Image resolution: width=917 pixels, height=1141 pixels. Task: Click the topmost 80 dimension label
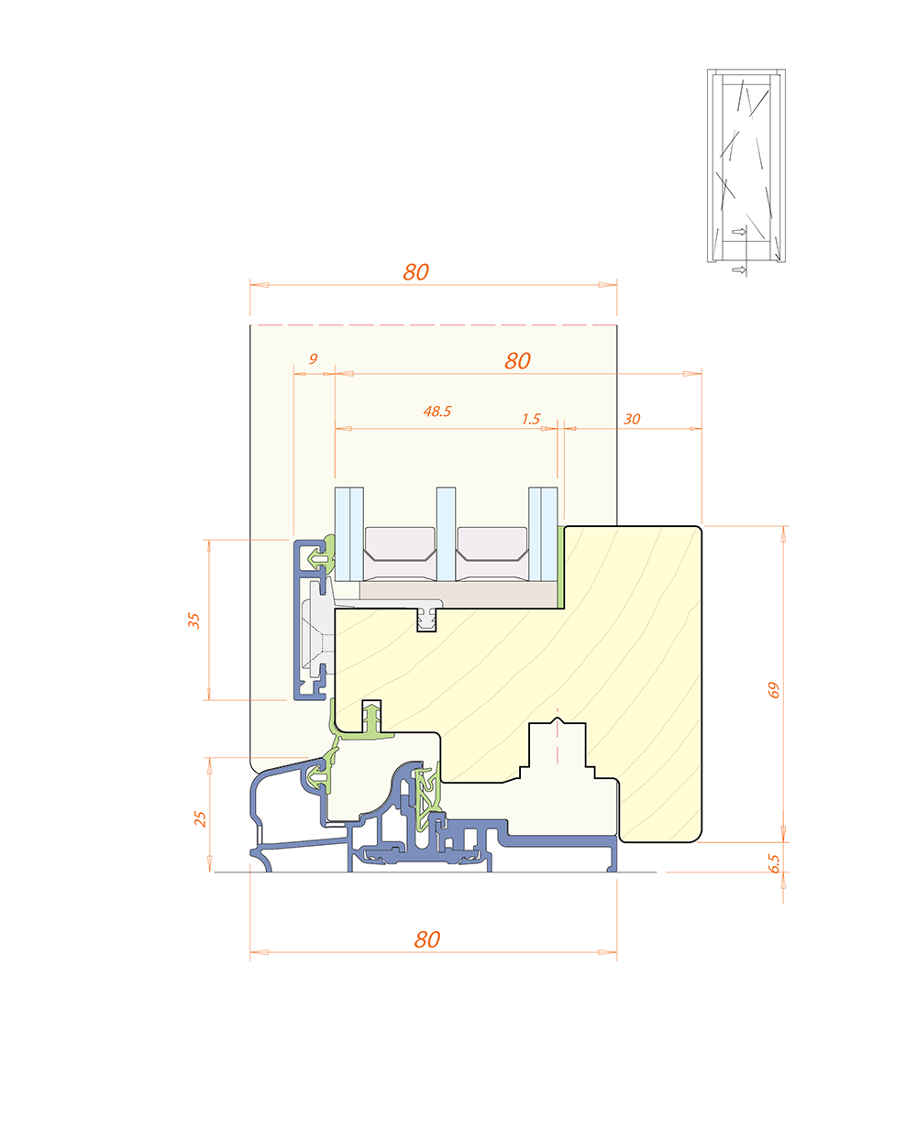pyautogui.click(x=415, y=272)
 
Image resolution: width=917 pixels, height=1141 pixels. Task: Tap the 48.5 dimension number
pyautogui.click(x=437, y=411)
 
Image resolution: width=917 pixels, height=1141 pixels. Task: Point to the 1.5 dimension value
pyautogui.click(x=531, y=420)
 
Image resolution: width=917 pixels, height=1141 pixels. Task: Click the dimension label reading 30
pyautogui.click(x=632, y=420)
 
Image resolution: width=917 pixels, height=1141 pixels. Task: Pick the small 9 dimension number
pyautogui.click(x=313, y=359)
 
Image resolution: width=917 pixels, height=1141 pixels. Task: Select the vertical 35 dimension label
pyautogui.click(x=193, y=620)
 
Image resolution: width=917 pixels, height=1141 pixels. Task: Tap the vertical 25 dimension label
pyautogui.click(x=200, y=818)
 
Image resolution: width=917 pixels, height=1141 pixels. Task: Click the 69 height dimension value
pyautogui.click(x=773, y=690)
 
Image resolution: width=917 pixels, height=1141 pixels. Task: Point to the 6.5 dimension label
pyautogui.click(x=774, y=863)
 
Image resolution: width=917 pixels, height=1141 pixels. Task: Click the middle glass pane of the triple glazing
pyautogui.click(x=446, y=534)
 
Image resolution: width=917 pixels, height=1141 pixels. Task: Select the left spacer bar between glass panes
pyautogui.click(x=400, y=554)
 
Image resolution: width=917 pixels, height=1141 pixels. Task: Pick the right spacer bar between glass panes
pyautogui.click(x=492, y=554)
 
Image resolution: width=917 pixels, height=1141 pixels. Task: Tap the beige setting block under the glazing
pyautogui.click(x=458, y=595)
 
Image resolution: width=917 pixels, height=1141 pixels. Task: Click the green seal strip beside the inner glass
pyautogui.click(x=560, y=566)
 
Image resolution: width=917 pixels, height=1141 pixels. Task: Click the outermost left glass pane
pyautogui.click(x=342, y=534)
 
